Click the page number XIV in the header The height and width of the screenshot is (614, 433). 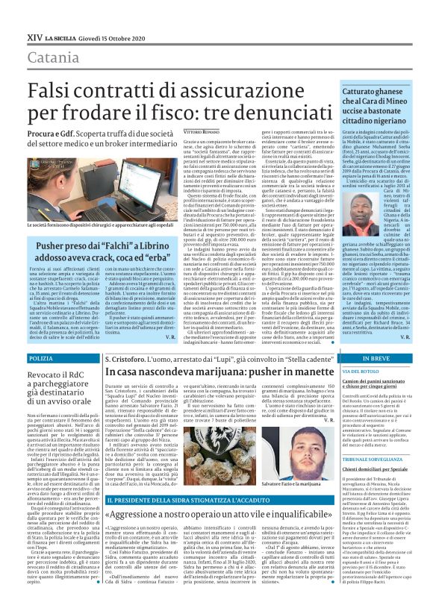coord(34,34)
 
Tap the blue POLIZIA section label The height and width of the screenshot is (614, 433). coord(41,359)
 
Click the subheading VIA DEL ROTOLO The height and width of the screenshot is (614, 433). coord(361,371)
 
